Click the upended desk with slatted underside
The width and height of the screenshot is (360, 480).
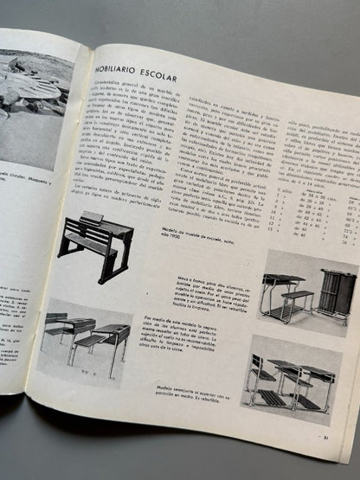[x=333, y=294]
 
